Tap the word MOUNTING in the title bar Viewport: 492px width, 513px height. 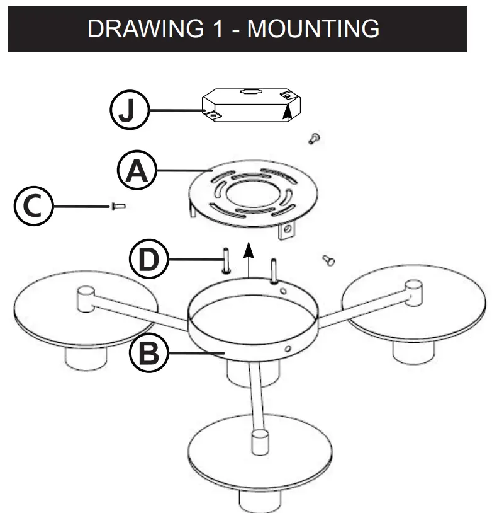tap(313, 28)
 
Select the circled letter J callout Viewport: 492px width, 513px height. tap(128, 112)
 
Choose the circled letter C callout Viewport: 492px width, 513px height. tap(33, 207)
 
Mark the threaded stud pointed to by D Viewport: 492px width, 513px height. tap(225, 260)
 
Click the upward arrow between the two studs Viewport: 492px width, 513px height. tap(250, 258)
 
